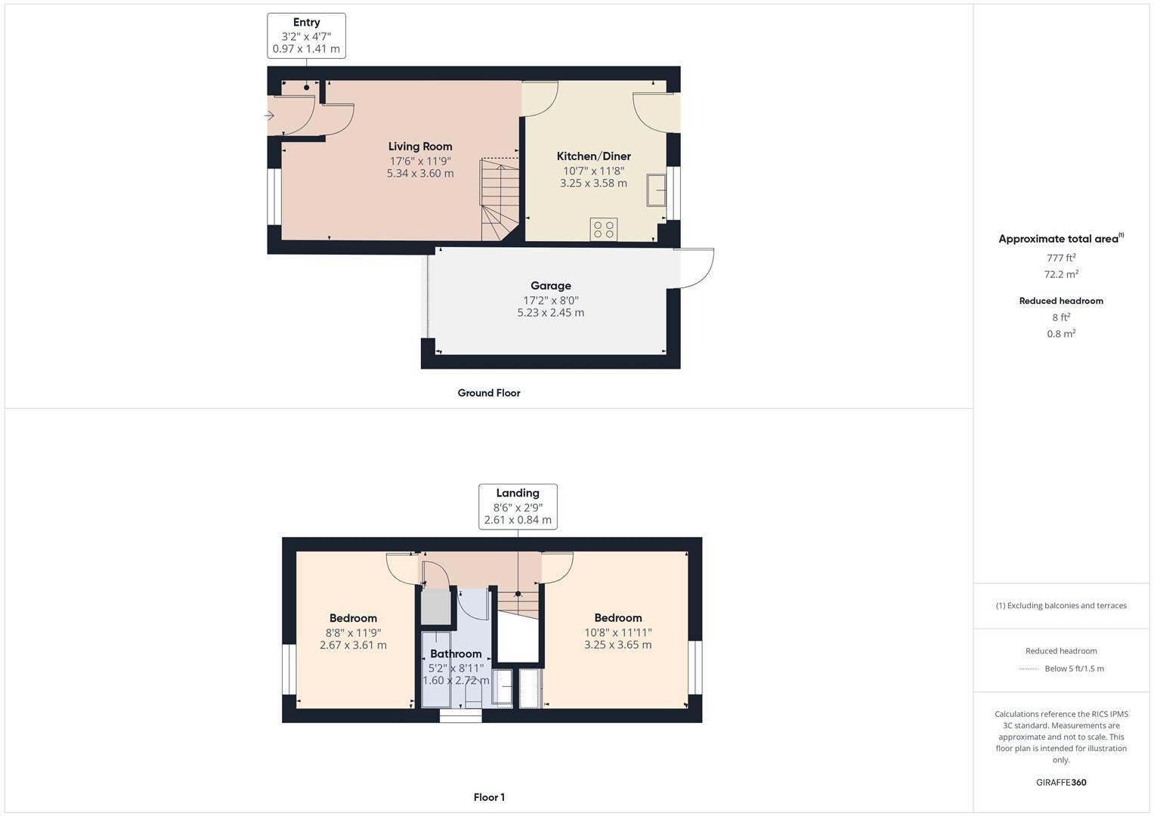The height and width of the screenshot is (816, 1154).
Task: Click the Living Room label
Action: pos(420,147)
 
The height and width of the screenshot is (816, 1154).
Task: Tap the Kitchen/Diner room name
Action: pos(593,156)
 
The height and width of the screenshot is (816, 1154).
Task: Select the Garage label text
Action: pos(550,286)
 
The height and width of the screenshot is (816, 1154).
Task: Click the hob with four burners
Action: pos(604,230)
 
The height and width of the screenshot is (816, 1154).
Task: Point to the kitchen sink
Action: pos(655,190)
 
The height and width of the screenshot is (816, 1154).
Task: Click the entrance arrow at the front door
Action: pos(269,116)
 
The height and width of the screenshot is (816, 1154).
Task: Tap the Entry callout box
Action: pos(306,36)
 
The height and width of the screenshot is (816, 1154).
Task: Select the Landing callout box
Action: pos(518,506)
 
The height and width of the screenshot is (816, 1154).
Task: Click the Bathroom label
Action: pos(456,654)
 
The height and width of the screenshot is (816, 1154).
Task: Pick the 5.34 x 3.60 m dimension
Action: pos(420,173)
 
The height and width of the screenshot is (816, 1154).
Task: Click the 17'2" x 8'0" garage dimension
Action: pos(550,300)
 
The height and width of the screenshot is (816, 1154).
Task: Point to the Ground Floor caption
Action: pos(489,393)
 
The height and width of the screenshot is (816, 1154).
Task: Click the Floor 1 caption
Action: pos(489,797)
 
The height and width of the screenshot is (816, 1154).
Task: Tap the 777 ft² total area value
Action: pos(1061,258)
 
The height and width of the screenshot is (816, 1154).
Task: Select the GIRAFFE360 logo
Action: pos(1061,782)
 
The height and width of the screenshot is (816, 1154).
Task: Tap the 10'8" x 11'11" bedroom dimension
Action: pos(617,632)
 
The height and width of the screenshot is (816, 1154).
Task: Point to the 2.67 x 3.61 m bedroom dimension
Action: pos(353,645)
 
